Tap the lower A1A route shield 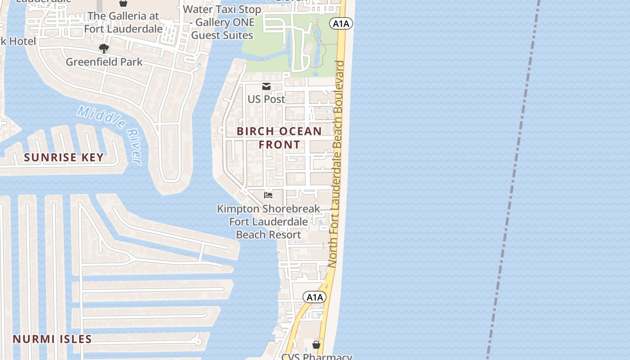coord(314,297)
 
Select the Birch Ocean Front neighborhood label coord(279,138)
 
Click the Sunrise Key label coord(64,157)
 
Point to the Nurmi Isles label coord(52,339)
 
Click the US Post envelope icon coord(266,86)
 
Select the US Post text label coord(266,99)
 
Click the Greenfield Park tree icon coord(104,48)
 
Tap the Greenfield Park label coord(104,62)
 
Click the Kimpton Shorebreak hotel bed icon coord(268,195)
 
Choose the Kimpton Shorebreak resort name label coord(269,221)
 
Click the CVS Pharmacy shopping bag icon coord(316,345)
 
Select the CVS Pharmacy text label coord(316,356)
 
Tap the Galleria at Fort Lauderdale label coord(123,22)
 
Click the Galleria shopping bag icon coord(123,3)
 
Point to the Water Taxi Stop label coord(222,22)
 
